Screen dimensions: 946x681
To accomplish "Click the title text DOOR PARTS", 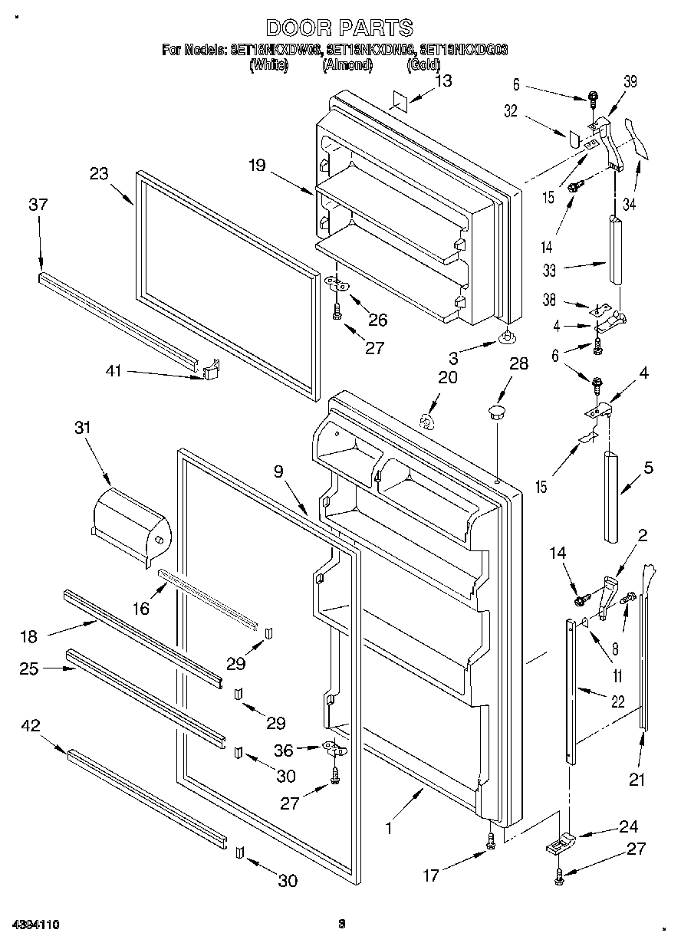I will (340, 28).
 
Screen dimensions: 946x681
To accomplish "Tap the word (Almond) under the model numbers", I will (347, 66).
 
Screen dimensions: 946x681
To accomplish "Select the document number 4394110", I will (35, 925).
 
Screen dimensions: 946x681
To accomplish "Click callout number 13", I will (443, 80).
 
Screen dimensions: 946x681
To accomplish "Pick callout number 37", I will (38, 204).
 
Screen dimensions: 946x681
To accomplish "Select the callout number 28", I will (519, 363).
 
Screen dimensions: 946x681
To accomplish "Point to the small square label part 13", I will (398, 102).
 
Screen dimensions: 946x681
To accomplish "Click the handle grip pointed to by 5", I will (612, 496).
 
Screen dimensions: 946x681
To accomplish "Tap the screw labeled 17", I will (491, 841).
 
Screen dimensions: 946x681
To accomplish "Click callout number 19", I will (257, 163).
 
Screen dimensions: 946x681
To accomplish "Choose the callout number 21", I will (637, 780).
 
